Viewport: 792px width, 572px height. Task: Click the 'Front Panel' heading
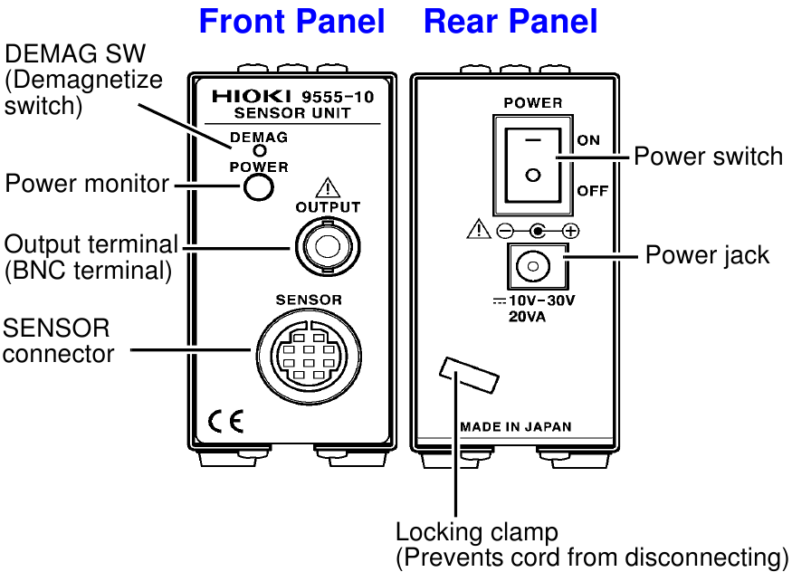tap(291, 21)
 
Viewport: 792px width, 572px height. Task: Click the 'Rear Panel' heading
tap(511, 21)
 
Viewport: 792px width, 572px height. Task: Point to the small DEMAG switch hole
tap(259, 151)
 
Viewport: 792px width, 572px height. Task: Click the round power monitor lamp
tap(258, 186)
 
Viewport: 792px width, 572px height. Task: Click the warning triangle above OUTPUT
tap(327, 189)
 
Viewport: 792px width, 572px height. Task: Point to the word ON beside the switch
tap(588, 140)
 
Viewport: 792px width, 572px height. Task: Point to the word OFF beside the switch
tap(592, 191)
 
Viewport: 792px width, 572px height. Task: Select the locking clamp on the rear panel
tap(469, 374)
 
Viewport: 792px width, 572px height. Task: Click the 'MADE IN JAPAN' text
tap(515, 426)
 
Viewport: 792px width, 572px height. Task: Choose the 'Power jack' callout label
tap(706, 255)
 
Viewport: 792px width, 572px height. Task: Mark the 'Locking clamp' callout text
tap(477, 531)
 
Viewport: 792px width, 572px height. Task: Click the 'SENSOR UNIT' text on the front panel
tap(291, 114)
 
